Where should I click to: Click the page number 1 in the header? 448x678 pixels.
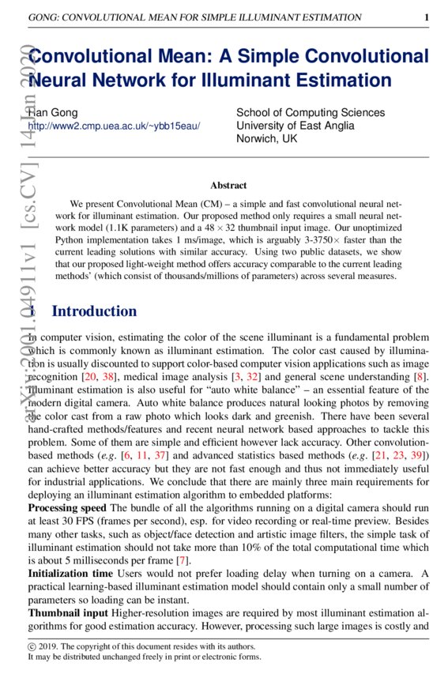[x=427, y=17]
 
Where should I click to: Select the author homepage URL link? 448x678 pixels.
[x=114, y=126]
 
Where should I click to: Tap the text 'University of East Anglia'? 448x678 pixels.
[x=296, y=126]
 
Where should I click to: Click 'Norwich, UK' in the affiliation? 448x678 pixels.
[x=267, y=138]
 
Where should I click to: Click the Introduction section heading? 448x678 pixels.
[x=94, y=311]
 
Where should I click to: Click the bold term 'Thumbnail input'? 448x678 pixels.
[x=65, y=612]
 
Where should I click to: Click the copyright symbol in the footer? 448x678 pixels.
[x=32, y=646]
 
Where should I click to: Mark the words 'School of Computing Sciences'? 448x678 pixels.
[x=311, y=113]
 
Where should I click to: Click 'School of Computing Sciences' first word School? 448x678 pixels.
[x=253, y=113]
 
